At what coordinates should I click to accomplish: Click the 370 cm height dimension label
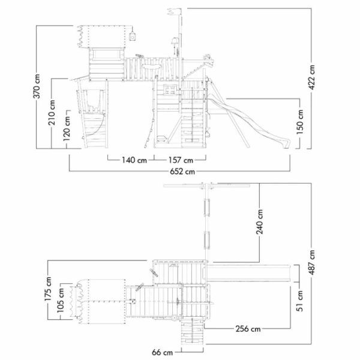pyautogui.click(x=37, y=86)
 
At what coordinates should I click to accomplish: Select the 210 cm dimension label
pyautogui.click(x=52, y=113)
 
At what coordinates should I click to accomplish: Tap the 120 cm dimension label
pyautogui.click(x=67, y=128)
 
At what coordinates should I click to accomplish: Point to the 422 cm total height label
pyautogui.click(x=312, y=77)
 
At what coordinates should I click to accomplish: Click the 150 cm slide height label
pyautogui.click(x=300, y=122)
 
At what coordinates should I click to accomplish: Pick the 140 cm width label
pyautogui.click(x=134, y=160)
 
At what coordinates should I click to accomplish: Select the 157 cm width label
pyautogui.click(x=181, y=160)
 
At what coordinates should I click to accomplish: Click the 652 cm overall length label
pyautogui.click(x=182, y=172)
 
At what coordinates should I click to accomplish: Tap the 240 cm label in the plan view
pyautogui.click(x=260, y=222)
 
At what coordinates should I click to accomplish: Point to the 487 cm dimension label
pyautogui.click(x=312, y=262)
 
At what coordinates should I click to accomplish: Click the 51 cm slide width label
pyautogui.click(x=300, y=301)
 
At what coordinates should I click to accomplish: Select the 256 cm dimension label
pyautogui.click(x=248, y=329)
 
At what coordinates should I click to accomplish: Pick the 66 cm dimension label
pyautogui.click(x=163, y=352)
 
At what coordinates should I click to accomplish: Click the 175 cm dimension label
pyautogui.click(x=48, y=289)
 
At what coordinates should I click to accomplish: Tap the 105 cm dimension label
pyautogui.click(x=61, y=301)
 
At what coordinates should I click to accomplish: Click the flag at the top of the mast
pyautogui.click(x=174, y=11)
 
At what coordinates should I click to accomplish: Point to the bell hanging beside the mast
pyautogui.click(x=174, y=41)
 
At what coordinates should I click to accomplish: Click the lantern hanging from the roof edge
pyautogui.click(x=133, y=36)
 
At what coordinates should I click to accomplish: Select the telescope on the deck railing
pyautogui.click(x=140, y=56)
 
